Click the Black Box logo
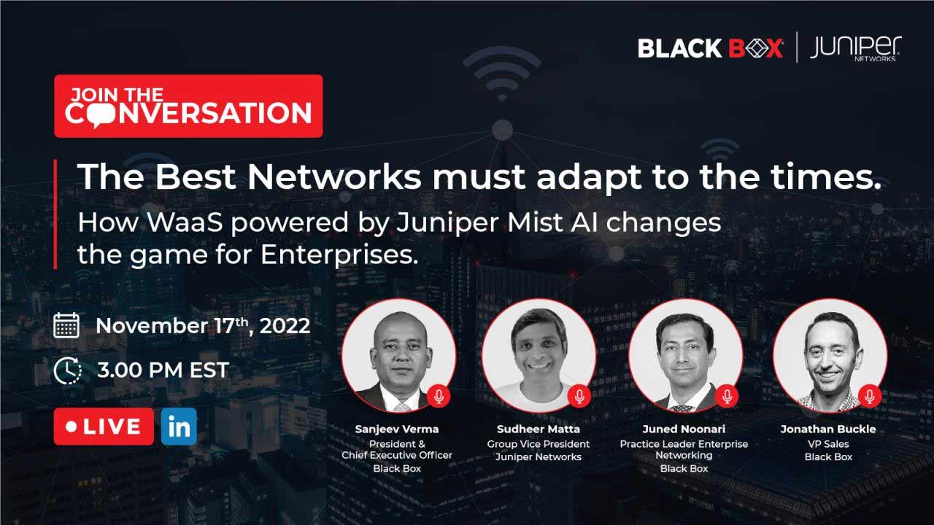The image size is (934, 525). click(710, 48)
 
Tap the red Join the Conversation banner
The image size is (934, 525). click(188, 106)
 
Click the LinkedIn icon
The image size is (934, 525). click(179, 427)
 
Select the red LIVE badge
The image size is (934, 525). click(104, 427)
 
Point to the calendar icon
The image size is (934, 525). click(66, 325)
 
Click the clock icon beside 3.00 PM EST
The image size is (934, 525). click(67, 370)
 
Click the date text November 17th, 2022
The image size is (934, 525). click(203, 326)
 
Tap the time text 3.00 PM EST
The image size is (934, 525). click(163, 370)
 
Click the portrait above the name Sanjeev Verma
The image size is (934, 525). click(398, 356)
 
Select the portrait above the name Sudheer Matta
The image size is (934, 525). click(539, 356)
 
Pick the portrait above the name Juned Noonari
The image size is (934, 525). click(685, 356)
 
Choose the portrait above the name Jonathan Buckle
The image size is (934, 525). click(830, 356)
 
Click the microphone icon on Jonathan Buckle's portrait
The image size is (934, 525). click(869, 396)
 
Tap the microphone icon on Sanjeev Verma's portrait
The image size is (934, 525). click(439, 396)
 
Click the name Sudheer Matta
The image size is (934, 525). click(539, 429)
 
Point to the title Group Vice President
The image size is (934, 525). click(539, 444)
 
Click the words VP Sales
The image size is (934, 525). click(828, 444)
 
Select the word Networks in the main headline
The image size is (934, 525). click(334, 177)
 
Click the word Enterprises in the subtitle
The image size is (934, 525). click(339, 255)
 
